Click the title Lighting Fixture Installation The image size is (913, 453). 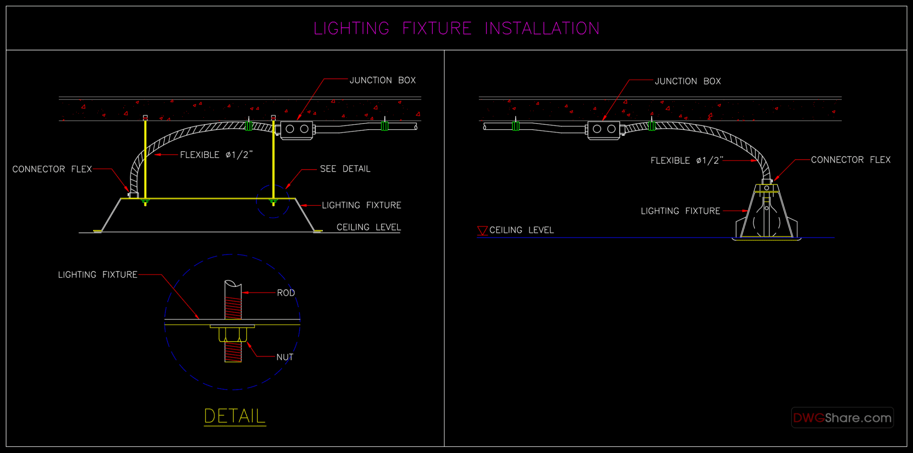coord(456,29)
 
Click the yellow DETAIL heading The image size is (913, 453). coord(234,416)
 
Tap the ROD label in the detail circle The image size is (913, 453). coord(286,293)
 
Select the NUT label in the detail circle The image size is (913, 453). coord(284,357)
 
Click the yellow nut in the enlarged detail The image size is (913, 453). coord(233,334)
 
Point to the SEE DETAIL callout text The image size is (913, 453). coord(345,169)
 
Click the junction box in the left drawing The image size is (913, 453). coord(296,129)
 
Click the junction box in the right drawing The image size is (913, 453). coord(604,129)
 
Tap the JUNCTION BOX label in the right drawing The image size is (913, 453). coord(687,81)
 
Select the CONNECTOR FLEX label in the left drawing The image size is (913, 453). coord(52,169)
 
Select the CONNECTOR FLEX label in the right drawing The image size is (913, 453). coord(850,160)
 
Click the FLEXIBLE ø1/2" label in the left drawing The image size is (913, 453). coord(216,155)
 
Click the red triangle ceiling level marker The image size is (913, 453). coord(482,230)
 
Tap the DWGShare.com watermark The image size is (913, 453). coord(842,418)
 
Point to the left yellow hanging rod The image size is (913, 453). coord(145,161)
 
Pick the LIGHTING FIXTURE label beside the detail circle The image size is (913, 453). coord(98,275)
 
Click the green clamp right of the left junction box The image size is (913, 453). coord(385,126)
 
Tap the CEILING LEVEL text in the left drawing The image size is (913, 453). coord(368,227)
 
